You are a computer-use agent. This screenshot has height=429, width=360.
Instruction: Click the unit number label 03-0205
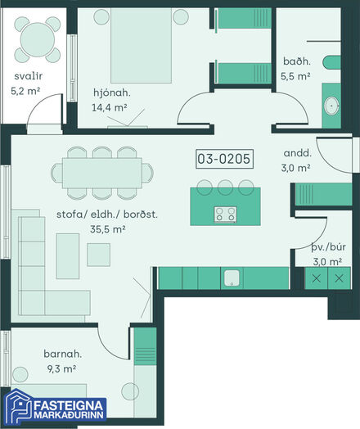click(x=224, y=159)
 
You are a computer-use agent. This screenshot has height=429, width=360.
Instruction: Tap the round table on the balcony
click(x=38, y=39)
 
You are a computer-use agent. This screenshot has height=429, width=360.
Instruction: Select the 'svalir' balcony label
click(x=29, y=76)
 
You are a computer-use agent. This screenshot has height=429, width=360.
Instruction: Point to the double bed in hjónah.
click(x=141, y=45)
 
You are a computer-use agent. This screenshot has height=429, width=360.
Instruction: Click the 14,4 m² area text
click(x=110, y=107)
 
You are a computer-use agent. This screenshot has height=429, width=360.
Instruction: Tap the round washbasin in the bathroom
click(x=331, y=106)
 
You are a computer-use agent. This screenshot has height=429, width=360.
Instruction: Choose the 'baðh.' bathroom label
click(x=297, y=61)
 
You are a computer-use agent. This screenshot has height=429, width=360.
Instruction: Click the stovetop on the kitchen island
click(x=226, y=214)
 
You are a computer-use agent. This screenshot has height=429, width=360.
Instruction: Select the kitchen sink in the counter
click(x=232, y=278)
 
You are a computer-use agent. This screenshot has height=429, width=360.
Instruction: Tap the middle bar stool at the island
click(x=225, y=187)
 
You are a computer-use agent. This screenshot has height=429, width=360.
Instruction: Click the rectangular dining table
click(x=102, y=173)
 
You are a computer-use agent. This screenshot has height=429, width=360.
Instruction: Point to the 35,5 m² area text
click(x=108, y=229)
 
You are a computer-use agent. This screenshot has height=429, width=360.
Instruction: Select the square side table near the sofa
click(x=99, y=255)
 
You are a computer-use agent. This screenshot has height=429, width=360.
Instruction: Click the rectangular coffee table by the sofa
click(x=68, y=256)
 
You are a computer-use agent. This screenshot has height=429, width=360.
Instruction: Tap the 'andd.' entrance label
click(x=298, y=153)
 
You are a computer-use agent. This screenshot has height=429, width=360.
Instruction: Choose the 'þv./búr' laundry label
click(x=329, y=247)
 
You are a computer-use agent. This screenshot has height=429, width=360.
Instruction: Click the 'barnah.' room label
click(x=63, y=354)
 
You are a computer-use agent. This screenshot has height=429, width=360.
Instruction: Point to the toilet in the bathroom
click(x=331, y=63)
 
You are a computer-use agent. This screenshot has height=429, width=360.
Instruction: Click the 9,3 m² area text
click(x=61, y=368)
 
